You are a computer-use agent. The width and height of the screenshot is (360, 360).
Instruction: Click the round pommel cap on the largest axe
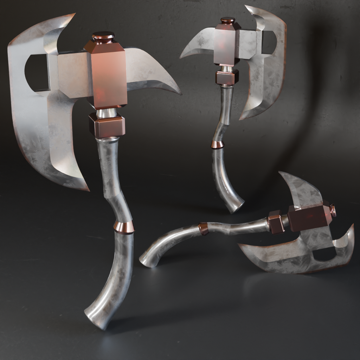[x=103, y=37]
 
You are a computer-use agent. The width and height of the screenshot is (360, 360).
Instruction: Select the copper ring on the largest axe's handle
[x=124, y=227]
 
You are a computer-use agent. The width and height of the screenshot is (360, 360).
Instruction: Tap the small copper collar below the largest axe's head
[x=107, y=126]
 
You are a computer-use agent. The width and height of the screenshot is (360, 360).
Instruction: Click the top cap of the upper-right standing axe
[x=228, y=20]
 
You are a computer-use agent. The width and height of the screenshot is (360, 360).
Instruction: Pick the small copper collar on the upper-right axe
[x=227, y=77]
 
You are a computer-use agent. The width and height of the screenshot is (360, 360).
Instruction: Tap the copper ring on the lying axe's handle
[x=204, y=229]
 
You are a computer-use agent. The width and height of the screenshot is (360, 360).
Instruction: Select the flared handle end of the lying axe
[x=147, y=261]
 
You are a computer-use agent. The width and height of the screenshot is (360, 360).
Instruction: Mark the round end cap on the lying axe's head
[x=333, y=211]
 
